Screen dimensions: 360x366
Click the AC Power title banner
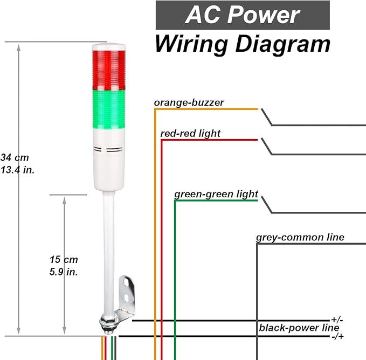pos(242,15)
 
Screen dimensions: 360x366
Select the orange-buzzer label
pos(189,102)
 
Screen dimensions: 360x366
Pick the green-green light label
pos(216,194)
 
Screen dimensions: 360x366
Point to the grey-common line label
pos(300,238)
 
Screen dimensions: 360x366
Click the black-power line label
pos(299,328)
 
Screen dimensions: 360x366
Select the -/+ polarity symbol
pos(338,336)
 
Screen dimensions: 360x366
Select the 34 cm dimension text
pos(15,158)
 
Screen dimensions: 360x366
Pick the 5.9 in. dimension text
pos(63,272)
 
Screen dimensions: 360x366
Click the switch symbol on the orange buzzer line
pos(267,116)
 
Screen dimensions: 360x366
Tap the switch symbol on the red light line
pos(267,146)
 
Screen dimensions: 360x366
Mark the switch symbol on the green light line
pos(267,205)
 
